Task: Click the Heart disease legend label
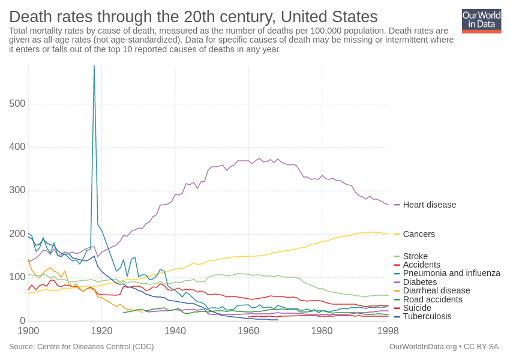click(x=429, y=205)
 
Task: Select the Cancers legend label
click(x=419, y=234)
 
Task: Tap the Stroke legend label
click(x=415, y=256)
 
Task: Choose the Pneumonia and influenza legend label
click(x=451, y=273)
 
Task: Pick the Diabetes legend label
click(x=420, y=282)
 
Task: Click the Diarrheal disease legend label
click(x=436, y=290)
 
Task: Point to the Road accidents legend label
click(x=433, y=299)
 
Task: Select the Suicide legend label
click(x=417, y=308)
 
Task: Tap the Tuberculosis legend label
click(x=427, y=316)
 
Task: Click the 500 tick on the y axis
click(x=17, y=104)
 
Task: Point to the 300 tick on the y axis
click(x=17, y=190)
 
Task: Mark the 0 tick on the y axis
click(x=22, y=320)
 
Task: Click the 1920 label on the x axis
click(x=101, y=331)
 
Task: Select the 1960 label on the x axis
click(x=248, y=331)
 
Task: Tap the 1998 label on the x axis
click(x=388, y=331)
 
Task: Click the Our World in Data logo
click(x=481, y=21)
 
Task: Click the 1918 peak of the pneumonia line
click(x=94, y=67)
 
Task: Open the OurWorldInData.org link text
click(x=422, y=346)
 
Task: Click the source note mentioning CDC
click(x=81, y=346)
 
